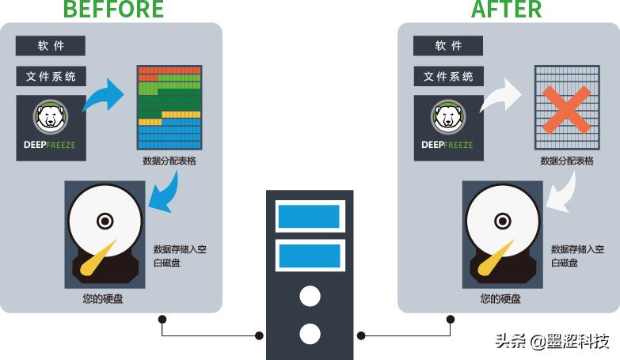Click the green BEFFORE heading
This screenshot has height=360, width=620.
pos(113,9)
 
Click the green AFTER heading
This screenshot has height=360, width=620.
pos(507,9)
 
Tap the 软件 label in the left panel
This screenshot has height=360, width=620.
pos(51,46)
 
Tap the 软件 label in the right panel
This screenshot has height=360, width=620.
pos(448,46)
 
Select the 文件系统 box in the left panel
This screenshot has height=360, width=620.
pos(51,77)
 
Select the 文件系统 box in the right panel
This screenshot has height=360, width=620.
pos(448,77)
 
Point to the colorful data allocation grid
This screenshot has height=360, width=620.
pos(169,108)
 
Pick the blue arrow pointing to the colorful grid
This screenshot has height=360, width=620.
pos(105,98)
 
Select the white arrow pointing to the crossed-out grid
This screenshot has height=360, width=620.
pos(502,98)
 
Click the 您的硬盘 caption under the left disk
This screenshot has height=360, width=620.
pos(103,299)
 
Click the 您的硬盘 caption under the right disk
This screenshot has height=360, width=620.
pos(500,299)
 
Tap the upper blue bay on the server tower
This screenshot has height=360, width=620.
pos(310,216)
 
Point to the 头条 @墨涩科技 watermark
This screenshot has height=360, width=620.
pos(552,342)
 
